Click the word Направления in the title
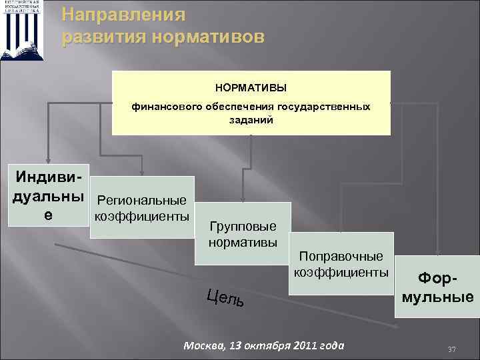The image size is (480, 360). (123, 14)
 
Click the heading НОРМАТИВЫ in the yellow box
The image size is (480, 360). (250, 88)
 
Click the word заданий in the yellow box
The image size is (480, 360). (250, 121)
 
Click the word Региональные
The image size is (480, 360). (142, 200)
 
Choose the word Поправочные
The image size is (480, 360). (341, 256)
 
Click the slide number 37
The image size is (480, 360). (451, 349)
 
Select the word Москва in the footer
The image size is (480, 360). (201, 345)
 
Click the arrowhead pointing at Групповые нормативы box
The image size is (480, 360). (243, 198)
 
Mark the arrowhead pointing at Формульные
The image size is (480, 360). (437, 251)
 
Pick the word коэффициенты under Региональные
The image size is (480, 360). (142, 216)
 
